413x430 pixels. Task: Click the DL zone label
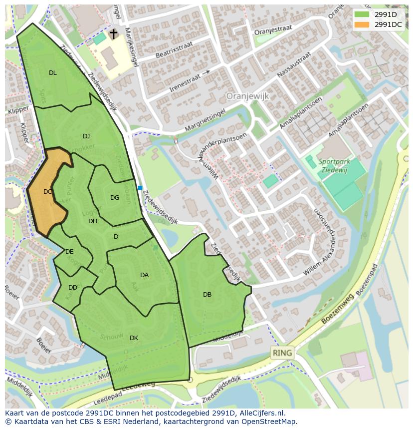click(52, 73)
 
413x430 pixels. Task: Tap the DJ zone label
click(86, 136)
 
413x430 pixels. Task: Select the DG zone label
click(115, 198)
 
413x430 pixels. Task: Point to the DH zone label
click(93, 221)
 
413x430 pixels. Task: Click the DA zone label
click(144, 275)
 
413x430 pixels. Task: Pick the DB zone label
click(207, 295)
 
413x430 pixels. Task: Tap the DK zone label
click(134, 338)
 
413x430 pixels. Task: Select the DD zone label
click(73, 288)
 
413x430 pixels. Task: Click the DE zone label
click(69, 252)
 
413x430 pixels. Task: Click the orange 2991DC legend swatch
click(362, 24)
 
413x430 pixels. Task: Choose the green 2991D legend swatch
click(362, 14)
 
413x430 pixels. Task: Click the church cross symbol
click(114, 34)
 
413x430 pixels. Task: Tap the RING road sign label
click(282, 353)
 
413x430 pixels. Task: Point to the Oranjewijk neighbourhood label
click(247, 95)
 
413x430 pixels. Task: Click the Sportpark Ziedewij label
click(335, 165)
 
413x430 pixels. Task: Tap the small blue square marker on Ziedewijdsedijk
click(140, 188)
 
